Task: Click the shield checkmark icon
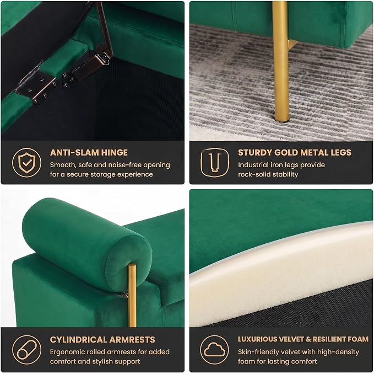tap(26, 163)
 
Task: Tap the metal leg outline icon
tap(214, 163)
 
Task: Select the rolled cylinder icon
tap(26, 350)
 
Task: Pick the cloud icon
tap(214, 350)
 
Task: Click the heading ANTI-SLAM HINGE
tap(89, 152)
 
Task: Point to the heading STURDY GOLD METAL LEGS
tap(295, 152)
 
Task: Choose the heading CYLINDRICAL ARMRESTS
tap(102, 339)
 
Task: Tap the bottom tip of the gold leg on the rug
tap(283, 120)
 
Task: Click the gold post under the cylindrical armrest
tap(132, 295)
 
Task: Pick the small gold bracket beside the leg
tap(292, 45)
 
